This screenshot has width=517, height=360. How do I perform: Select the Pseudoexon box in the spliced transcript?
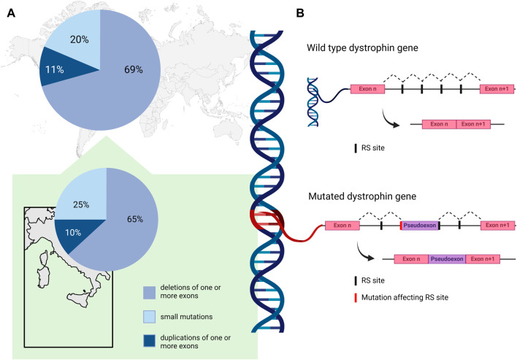446,258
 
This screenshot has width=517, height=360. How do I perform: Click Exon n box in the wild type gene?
367,88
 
